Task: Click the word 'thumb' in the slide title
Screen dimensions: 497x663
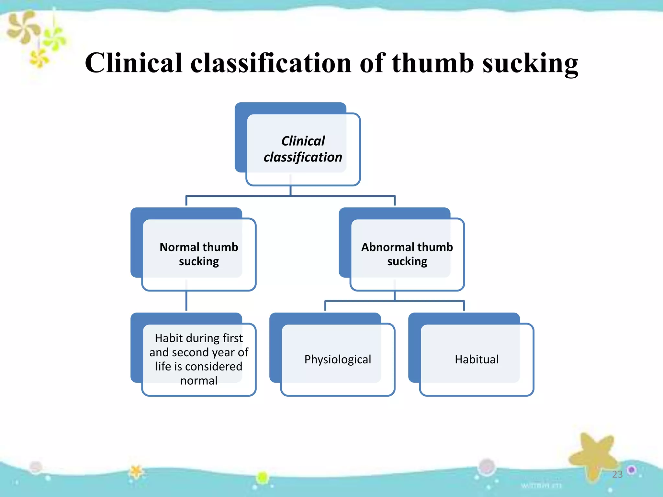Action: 433,63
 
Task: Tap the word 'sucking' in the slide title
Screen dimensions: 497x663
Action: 530,64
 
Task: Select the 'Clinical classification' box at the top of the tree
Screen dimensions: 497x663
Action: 303,149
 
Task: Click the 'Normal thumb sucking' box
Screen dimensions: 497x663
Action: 199,254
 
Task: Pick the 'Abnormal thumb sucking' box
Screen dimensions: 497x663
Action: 407,254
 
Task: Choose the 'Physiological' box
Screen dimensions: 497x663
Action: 338,359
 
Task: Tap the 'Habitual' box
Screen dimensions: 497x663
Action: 477,359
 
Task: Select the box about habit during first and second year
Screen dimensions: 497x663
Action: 199,359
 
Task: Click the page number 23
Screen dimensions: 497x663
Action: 617,474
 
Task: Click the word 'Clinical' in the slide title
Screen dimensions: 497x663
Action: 134,63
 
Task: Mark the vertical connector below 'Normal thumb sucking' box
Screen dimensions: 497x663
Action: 186,301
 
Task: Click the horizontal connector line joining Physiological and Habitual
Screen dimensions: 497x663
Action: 395,301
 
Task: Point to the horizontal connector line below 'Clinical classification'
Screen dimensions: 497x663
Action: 290,196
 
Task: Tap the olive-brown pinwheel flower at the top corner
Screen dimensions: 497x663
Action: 23,28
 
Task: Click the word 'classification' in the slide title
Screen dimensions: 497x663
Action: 271,63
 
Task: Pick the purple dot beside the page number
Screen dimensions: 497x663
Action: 631,469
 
